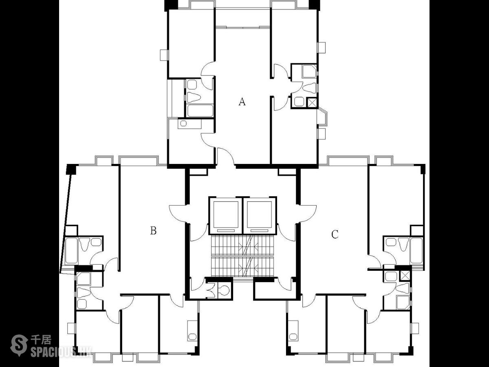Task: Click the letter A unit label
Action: [242, 102]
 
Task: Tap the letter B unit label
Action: [153, 231]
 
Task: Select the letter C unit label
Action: [335, 234]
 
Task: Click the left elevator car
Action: [226, 215]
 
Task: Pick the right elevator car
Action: [260, 215]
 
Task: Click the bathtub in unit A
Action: [200, 111]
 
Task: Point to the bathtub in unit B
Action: [71, 250]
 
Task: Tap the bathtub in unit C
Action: [416, 250]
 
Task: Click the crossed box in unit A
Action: [312, 103]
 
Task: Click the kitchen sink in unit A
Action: [183, 123]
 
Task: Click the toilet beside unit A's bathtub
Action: [194, 97]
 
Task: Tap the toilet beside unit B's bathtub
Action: [85, 244]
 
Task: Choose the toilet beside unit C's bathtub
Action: [403, 244]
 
